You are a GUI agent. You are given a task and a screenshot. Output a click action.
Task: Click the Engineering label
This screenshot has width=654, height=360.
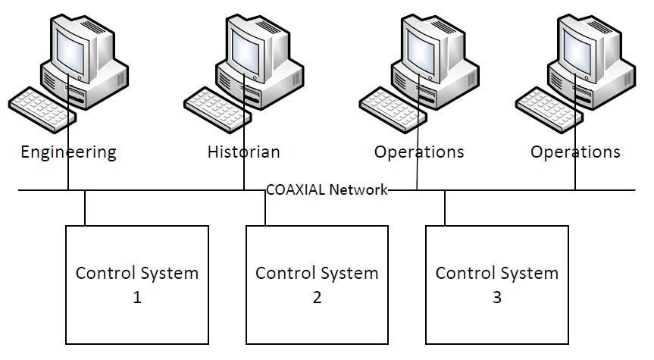68,152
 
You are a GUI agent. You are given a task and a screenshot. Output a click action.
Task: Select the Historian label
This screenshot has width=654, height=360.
243,152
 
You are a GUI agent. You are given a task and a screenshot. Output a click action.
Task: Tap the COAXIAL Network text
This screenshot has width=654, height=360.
327,189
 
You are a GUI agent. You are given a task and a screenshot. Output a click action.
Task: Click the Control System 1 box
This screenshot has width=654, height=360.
136,284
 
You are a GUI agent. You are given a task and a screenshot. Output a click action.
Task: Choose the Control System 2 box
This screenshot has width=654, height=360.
317,284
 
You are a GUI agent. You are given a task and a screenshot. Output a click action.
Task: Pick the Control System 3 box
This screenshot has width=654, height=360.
496,284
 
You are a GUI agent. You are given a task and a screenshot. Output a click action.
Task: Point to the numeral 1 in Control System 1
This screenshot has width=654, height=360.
137,298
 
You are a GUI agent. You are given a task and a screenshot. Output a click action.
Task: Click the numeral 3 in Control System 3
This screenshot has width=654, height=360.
497,298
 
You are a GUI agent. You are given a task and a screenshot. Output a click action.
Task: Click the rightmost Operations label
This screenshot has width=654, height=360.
575,152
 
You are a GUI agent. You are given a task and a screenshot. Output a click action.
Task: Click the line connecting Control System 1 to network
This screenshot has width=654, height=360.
85,208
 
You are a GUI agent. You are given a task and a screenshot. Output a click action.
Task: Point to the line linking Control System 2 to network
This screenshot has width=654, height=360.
265,208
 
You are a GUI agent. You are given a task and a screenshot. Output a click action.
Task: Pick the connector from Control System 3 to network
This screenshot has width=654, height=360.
445,208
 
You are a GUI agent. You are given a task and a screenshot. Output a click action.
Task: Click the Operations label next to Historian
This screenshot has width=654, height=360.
418,152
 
